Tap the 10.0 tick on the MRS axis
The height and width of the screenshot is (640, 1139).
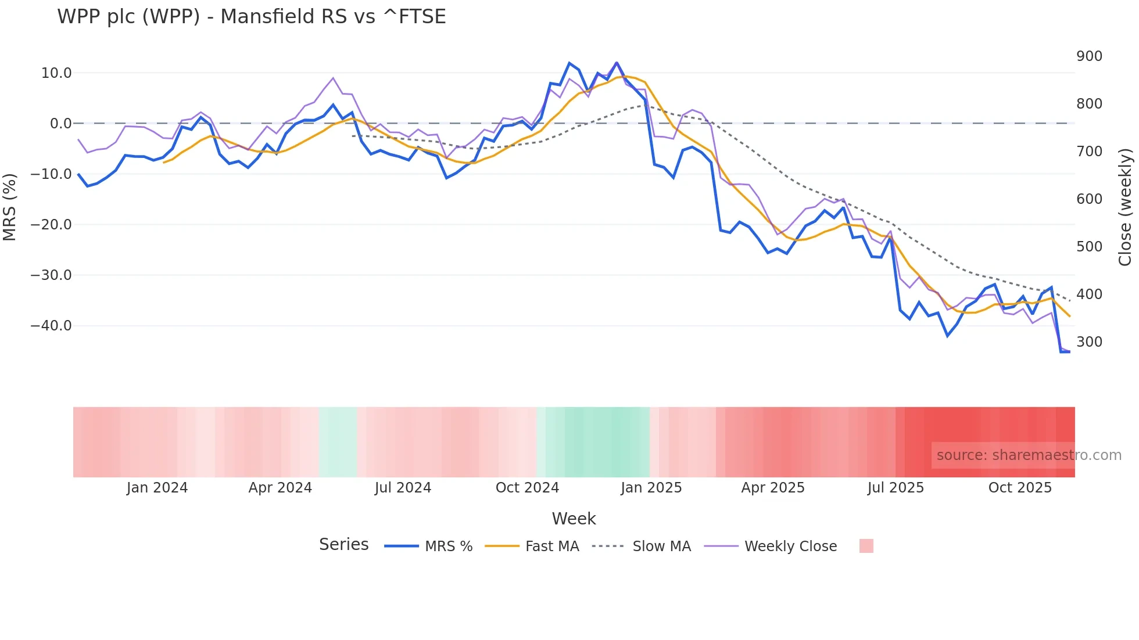tap(56, 73)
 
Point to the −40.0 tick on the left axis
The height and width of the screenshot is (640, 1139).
tap(51, 326)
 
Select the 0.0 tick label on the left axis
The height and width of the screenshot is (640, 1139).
tap(61, 124)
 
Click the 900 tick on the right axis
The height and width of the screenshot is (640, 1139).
tap(1089, 56)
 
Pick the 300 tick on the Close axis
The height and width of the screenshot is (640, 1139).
tap(1089, 342)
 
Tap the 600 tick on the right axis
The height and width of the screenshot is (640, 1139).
tap(1089, 199)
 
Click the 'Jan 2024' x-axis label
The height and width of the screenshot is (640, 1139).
tap(157, 488)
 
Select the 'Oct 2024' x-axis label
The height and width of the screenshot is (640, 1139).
tap(527, 488)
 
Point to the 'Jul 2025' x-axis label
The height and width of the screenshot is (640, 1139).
tap(896, 488)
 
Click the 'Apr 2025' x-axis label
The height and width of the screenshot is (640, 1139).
tap(773, 488)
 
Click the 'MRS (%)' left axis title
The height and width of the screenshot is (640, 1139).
tap(10, 207)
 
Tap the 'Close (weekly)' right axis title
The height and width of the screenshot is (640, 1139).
tap(1126, 207)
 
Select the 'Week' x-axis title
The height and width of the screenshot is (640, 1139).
tap(574, 519)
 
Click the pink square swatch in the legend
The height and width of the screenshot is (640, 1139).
tap(866, 546)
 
